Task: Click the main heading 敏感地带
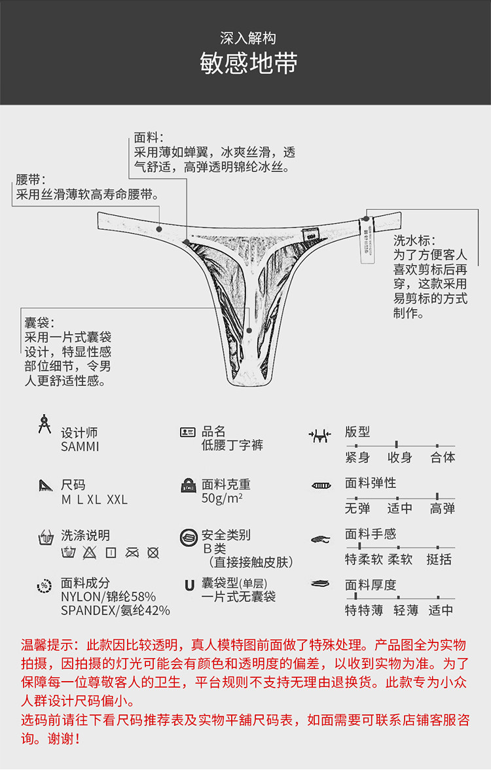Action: pos(249,63)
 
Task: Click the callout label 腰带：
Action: pos(30,179)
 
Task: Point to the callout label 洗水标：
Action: pos(414,241)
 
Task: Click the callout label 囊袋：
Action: pos(39,323)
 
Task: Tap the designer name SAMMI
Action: pos(80,447)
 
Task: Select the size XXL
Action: pos(117,500)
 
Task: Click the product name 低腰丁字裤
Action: pos(232,446)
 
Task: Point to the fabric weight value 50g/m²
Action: pos(222,499)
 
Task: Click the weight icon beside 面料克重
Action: pos(189,485)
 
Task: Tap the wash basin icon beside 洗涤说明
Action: pos(45,538)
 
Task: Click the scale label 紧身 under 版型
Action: pos(357,457)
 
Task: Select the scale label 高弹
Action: pos(443,508)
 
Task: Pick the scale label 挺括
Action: pos(439,559)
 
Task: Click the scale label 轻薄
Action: pos(406,610)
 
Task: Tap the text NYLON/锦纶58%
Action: pos(108,597)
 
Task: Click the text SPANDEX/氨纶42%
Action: pos(115,610)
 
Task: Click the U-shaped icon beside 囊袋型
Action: pos(189,585)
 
